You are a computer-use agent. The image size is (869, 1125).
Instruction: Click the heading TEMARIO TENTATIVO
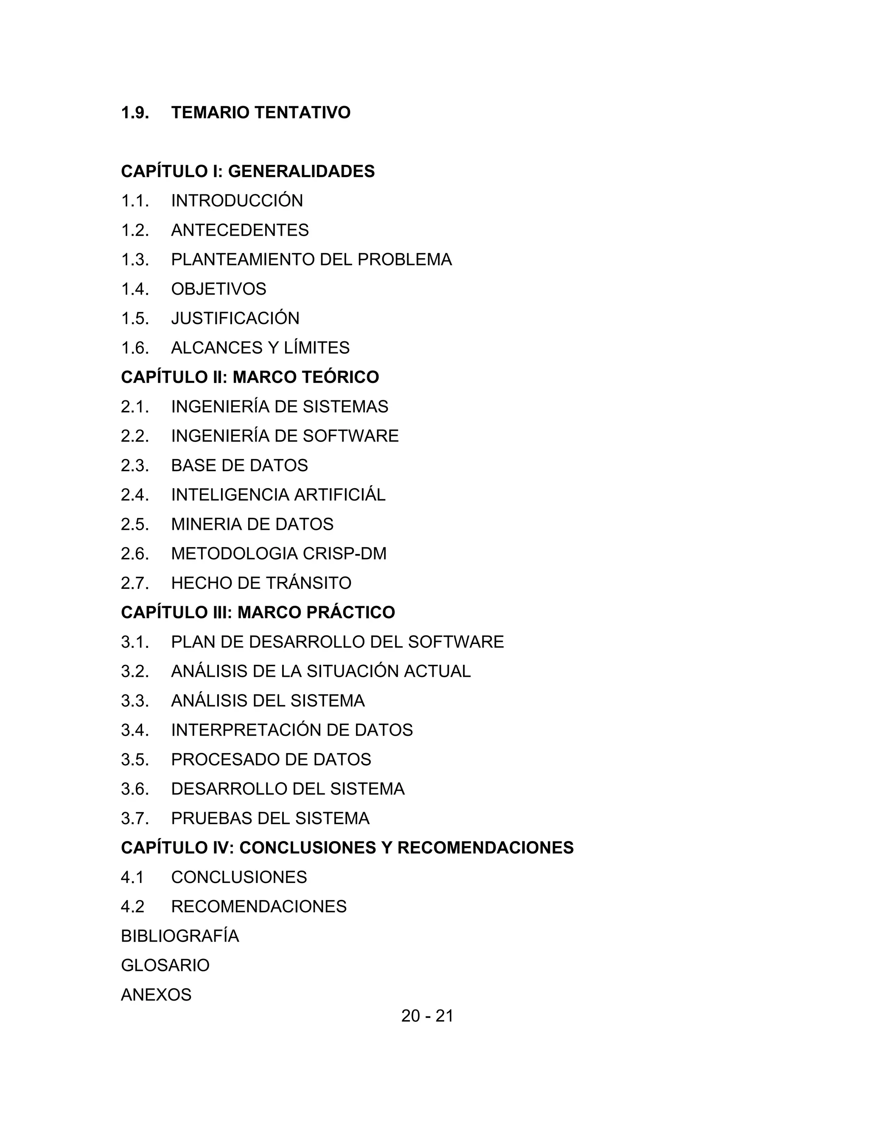coord(261,112)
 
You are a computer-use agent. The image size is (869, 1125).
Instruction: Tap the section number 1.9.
coord(135,112)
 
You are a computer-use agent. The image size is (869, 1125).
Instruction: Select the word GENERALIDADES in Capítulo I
coord(301,171)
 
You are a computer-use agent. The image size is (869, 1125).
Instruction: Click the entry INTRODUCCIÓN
coord(237,200)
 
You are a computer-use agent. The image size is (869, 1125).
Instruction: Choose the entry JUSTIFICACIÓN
coord(235,318)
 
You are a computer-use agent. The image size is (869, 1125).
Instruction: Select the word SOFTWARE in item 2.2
coord(350,436)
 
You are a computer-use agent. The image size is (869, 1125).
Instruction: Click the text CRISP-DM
coord(345,553)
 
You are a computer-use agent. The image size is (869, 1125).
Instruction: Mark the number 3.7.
coord(135,818)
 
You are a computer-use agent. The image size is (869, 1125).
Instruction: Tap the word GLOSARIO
coord(165,965)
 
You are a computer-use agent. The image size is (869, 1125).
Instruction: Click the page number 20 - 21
coord(427,1015)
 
